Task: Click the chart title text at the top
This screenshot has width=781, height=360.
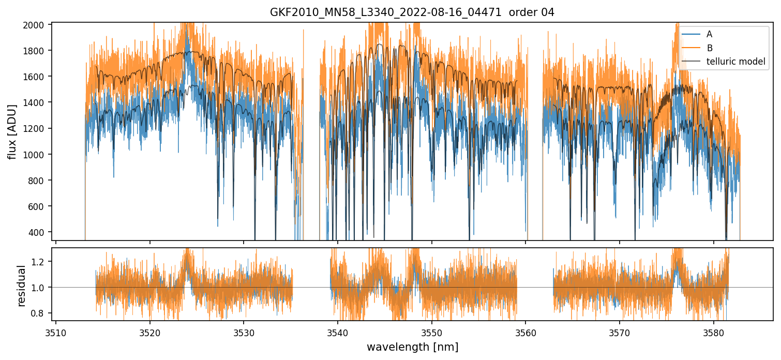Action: point(412,12)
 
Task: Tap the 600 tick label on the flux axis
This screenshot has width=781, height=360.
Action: point(41,206)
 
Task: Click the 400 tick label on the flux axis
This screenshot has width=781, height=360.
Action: point(41,232)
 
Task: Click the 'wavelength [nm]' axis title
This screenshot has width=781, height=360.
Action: point(412,347)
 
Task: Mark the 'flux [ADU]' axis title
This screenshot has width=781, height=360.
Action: point(12,131)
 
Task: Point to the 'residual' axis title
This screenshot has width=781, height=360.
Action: point(21,286)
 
